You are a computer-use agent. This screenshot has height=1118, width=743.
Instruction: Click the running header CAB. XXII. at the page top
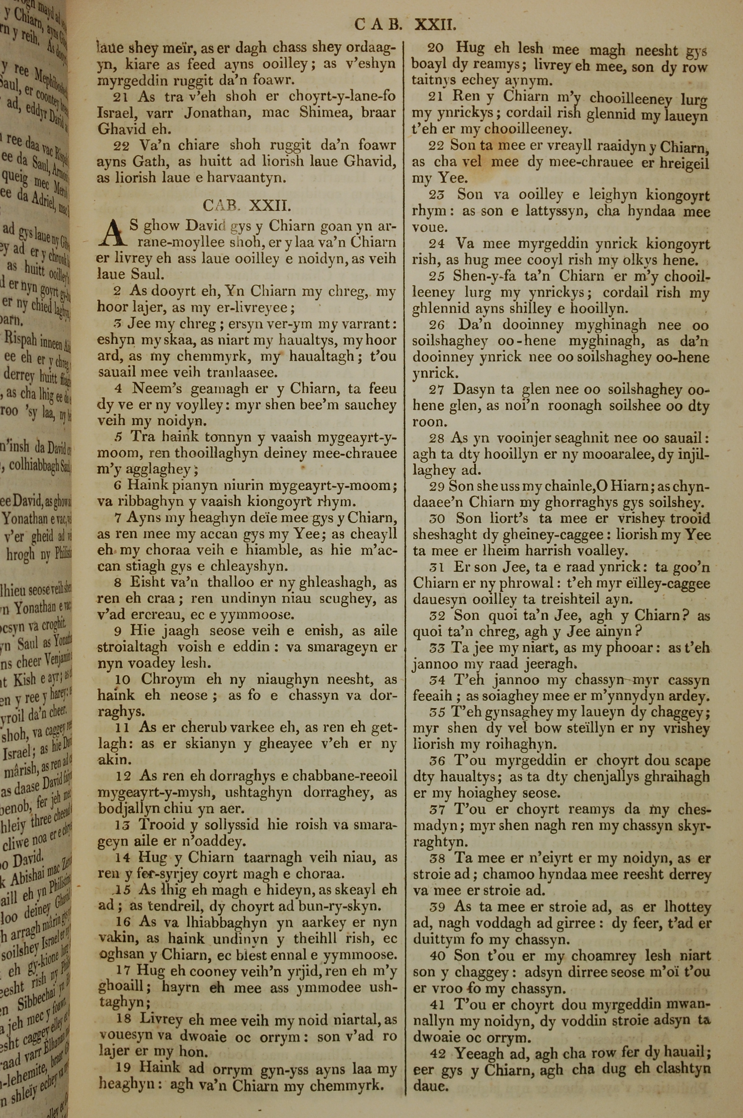(x=405, y=25)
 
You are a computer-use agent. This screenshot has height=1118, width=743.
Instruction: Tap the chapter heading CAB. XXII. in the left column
(x=246, y=205)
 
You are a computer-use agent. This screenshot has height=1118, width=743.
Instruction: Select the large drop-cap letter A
(x=113, y=235)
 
